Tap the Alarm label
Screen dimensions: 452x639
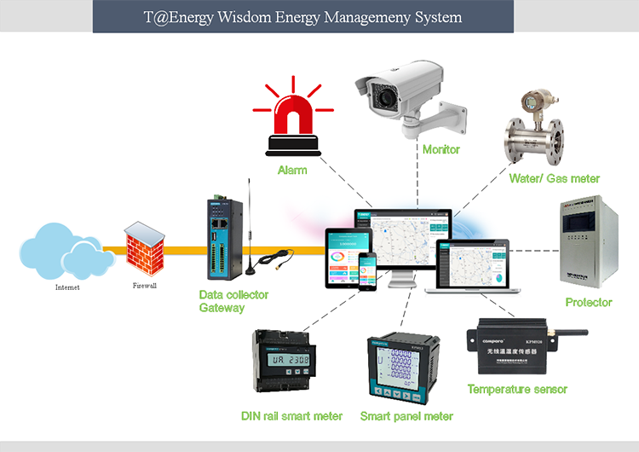tap(292, 170)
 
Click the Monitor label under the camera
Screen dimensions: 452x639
tap(441, 149)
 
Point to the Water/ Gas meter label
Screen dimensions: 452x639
tap(555, 178)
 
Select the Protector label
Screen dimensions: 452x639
tap(589, 303)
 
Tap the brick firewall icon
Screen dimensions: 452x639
tap(142, 249)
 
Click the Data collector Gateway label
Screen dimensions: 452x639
tap(233, 301)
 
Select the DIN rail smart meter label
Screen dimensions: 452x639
tap(291, 416)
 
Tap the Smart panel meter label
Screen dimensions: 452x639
tap(406, 416)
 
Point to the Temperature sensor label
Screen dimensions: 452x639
tap(517, 389)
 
